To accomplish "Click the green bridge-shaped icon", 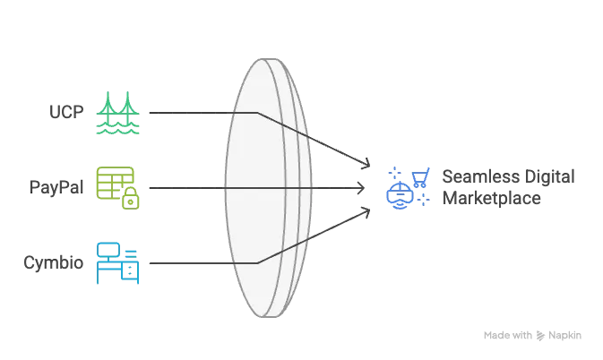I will tap(118, 112).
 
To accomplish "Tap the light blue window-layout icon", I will tap(118, 261).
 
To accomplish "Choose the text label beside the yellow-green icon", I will tap(56, 188).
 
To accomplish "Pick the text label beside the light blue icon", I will tap(54, 262).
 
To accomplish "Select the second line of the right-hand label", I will tap(490, 200).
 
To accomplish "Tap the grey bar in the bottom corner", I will tap(533, 337).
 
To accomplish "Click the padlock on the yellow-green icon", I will tap(131, 201).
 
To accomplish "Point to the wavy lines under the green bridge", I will tap(118, 130).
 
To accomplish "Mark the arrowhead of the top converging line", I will tap(366, 166).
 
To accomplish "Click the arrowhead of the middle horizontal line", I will tap(357, 188).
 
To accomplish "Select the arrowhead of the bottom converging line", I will tap(365, 213).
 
